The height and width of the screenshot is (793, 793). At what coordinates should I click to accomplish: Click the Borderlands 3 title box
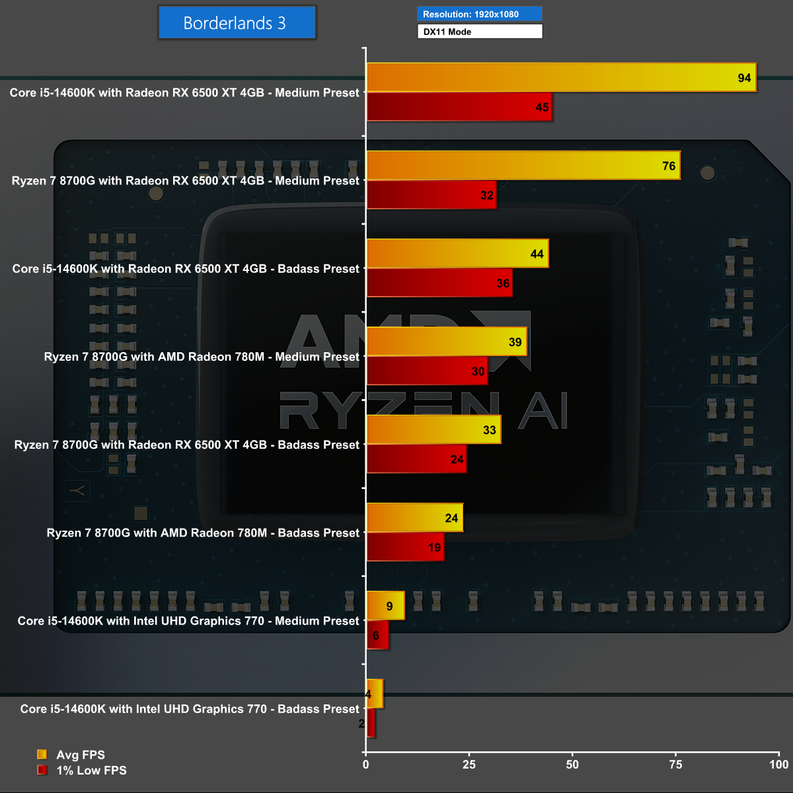(x=237, y=23)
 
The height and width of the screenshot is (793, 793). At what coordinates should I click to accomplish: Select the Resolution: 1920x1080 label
(x=479, y=14)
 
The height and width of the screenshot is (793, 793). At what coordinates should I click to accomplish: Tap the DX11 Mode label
(x=479, y=31)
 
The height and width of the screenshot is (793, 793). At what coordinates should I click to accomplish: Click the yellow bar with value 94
(x=560, y=77)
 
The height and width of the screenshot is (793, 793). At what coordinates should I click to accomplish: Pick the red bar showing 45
(x=459, y=106)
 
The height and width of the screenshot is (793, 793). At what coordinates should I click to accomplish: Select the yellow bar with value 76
(x=523, y=165)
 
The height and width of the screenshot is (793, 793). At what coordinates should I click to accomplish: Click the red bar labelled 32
(x=431, y=194)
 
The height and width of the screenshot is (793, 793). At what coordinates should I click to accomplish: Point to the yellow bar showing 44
(x=457, y=254)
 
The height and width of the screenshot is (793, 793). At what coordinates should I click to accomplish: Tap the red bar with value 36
(x=439, y=283)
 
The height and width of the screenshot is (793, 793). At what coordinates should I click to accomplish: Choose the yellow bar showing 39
(x=447, y=342)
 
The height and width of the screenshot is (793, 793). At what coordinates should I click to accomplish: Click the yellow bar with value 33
(x=434, y=430)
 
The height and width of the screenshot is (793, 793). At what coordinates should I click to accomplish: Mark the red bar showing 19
(x=405, y=547)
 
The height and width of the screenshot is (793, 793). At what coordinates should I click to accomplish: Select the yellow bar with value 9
(x=385, y=605)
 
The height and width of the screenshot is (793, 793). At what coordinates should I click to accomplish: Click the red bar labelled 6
(x=378, y=634)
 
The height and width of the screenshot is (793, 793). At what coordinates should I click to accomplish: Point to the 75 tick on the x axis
(x=676, y=765)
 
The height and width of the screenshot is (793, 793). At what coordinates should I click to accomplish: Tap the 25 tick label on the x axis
(x=469, y=765)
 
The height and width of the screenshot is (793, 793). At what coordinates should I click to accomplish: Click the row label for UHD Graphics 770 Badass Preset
(x=190, y=708)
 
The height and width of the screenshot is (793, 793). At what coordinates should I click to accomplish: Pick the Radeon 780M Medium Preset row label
(x=202, y=357)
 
